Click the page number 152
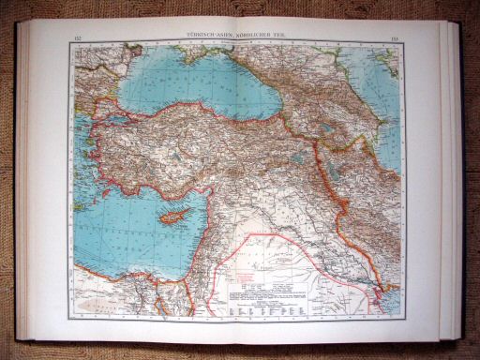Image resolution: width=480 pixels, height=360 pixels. [76, 37]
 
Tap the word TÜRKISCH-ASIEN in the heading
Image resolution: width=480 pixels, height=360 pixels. [208, 37]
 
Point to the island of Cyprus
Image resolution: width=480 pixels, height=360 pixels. [169, 217]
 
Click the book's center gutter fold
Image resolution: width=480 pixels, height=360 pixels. [238, 187]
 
